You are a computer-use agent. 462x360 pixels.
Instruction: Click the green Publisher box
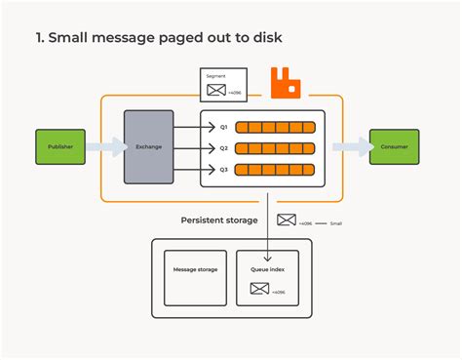pyautogui.click(x=60, y=146)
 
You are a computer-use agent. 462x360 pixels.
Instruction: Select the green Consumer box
pyautogui.click(x=394, y=146)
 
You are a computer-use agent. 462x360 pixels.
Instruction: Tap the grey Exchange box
pyautogui.click(x=148, y=147)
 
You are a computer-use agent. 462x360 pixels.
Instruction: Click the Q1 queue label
pyautogui.click(x=223, y=127)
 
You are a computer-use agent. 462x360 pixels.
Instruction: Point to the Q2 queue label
pyautogui.click(x=223, y=148)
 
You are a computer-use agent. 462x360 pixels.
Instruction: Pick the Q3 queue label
pyautogui.click(x=223, y=169)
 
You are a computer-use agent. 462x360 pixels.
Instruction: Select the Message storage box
pyautogui.click(x=195, y=268)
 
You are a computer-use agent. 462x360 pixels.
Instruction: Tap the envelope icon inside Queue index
pyautogui.click(x=259, y=289)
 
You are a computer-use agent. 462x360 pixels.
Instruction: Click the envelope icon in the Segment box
pyautogui.click(x=214, y=91)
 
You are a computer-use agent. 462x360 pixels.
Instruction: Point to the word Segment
pyautogui.click(x=214, y=75)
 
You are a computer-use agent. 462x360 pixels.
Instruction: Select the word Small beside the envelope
pyautogui.click(x=335, y=223)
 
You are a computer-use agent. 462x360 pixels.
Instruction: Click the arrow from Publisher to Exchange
pyautogui.click(x=104, y=147)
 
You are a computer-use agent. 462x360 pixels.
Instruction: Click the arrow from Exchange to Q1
pyautogui.click(x=187, y=127)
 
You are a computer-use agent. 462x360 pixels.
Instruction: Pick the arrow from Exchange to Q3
pyautogui.click(x=187, y=169)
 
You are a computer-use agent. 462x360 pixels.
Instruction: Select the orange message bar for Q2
pyautogui.click(x=277, y=148)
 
